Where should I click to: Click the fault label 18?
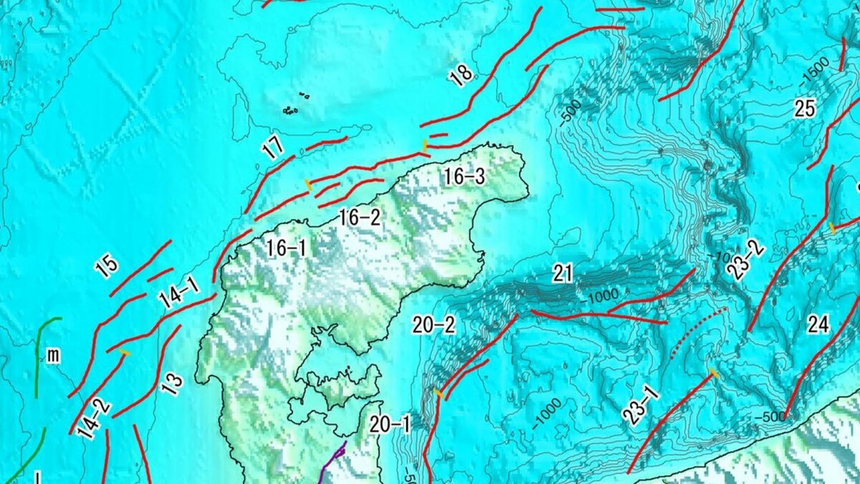click(x=461, y=75)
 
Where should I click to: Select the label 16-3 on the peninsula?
click(x=464, y=177)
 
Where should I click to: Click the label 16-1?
click(x=286, y=249)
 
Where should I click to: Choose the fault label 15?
click(x=106, y=267)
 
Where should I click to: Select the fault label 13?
click(x=171, y=384)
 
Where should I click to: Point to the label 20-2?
click(x=434, y=326)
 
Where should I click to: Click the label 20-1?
click(x=390, y=424)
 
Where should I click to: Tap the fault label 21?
click(x=563, y=272)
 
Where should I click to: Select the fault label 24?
click(x=818, y=325)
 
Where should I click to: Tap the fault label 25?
click(x=805, y=108)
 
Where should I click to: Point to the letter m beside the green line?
click(x=53, y=356)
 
